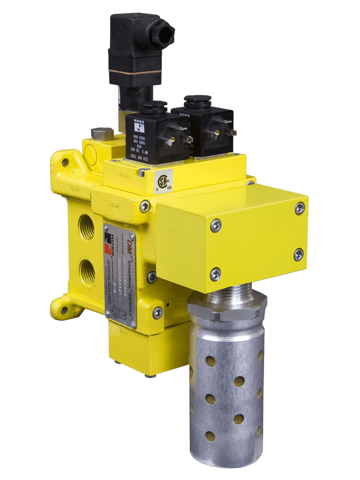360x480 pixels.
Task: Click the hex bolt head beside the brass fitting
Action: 101,133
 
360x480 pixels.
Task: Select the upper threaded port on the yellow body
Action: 86,227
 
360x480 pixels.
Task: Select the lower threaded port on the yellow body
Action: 86,270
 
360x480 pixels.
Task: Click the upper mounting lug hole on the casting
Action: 65,163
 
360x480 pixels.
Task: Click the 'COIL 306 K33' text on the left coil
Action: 142,156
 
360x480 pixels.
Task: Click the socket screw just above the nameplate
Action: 145,207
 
